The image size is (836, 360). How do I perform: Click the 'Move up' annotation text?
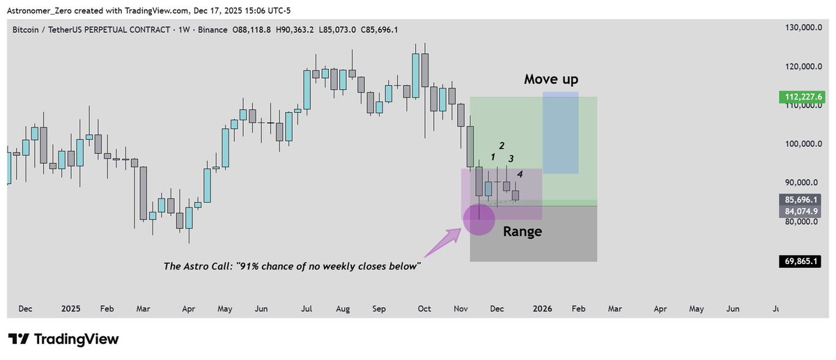click(551, 79)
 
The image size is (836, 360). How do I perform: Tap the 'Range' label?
click(522, 231)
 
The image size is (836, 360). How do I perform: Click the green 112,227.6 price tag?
click(802, 97)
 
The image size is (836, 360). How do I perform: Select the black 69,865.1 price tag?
click(802, 262)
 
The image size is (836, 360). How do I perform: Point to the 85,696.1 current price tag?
click(802, 198)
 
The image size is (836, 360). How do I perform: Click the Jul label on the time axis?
click(305, 308)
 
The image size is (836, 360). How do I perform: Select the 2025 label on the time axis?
click(70, 308)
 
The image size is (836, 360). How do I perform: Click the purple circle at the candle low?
click(479, 218)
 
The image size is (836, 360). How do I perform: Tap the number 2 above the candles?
click(502, 146)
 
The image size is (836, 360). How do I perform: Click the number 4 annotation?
click(520, 173)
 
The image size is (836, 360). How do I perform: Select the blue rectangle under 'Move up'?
click(561, 133)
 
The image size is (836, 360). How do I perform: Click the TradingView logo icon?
click(19, 339)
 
